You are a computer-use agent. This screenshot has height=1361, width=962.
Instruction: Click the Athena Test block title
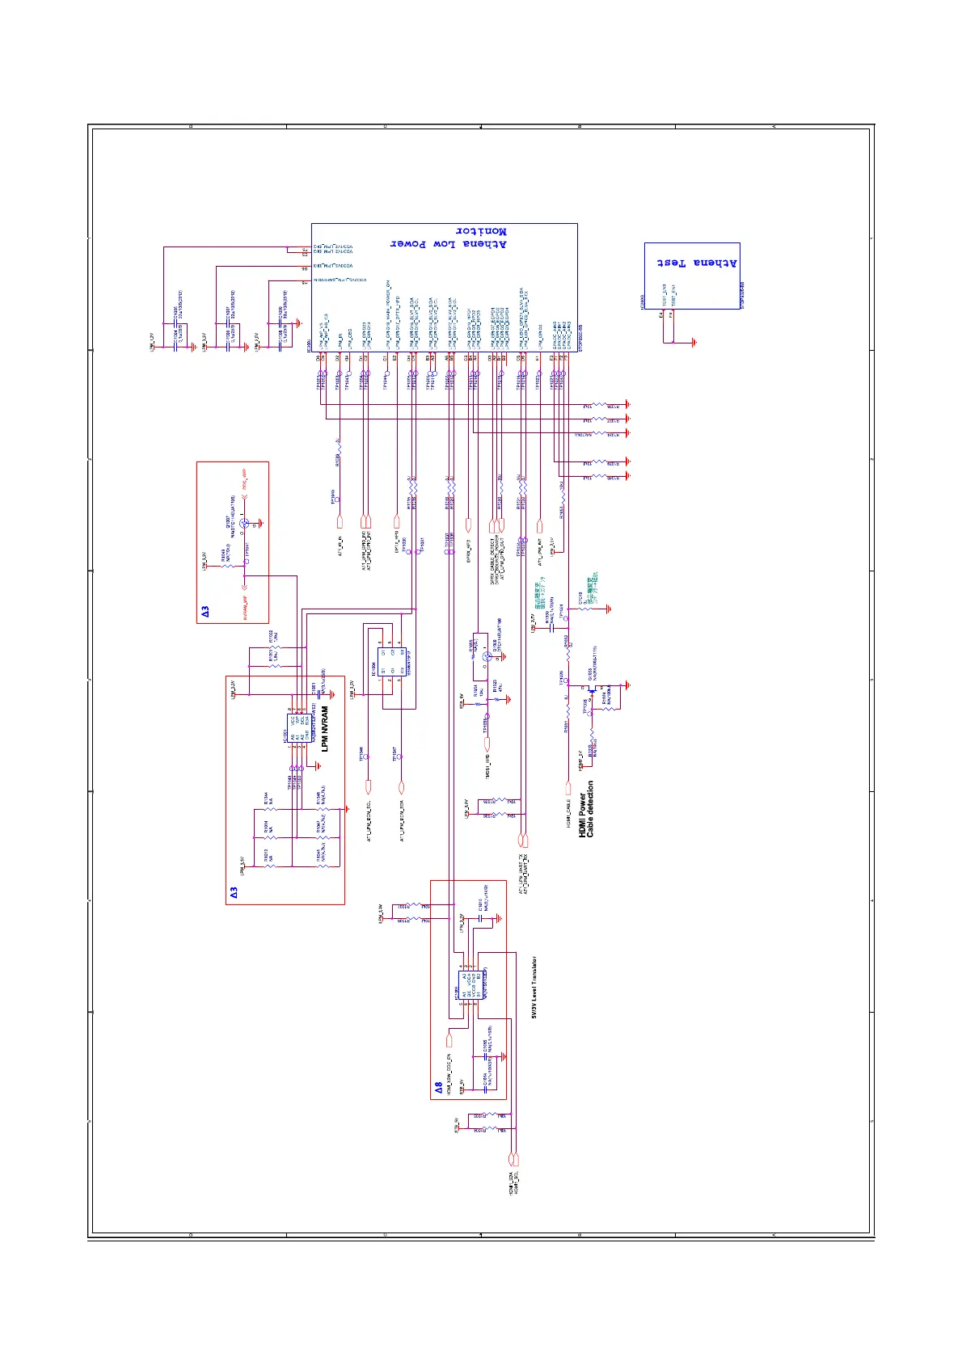coord(697,263)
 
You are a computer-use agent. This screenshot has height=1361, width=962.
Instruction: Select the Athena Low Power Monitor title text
coord(449,238)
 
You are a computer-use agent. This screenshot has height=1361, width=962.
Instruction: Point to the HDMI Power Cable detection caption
coord(586,808)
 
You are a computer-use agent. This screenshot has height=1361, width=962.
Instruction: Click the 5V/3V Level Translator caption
coord(534,988)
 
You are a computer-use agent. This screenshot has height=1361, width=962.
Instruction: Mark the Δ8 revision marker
coord(439,1088)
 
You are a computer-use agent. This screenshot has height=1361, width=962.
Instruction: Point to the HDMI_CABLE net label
coord(568,811)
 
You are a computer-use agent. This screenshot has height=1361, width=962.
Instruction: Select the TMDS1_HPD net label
coord(487,765)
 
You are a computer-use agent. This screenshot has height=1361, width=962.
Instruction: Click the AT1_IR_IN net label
coord(340,546)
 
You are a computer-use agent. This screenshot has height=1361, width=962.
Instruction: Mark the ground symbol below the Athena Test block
coord(693,343)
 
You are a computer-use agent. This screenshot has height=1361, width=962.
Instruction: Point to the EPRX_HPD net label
coord(470,550)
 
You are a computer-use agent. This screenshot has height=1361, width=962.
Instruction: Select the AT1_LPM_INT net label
coord(539,550)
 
